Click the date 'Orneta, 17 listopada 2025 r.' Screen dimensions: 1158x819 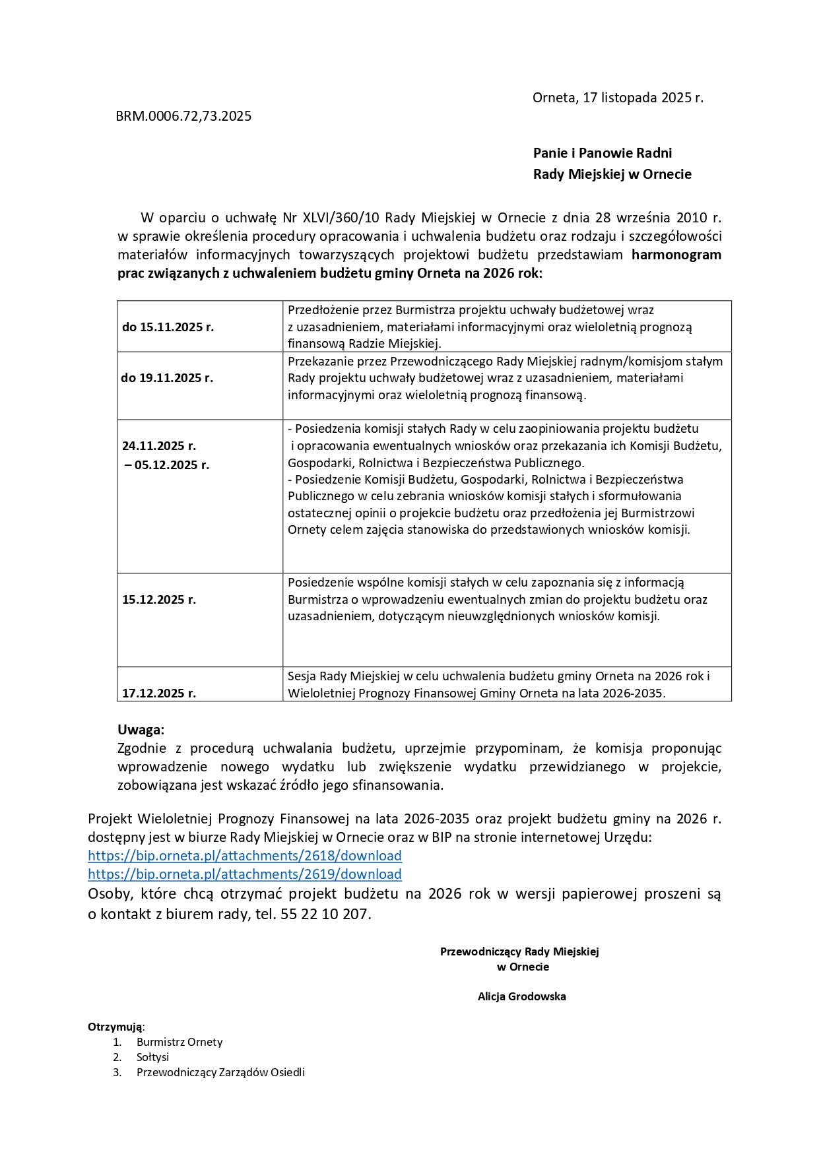pos(618,98)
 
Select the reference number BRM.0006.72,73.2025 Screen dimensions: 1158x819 pos(183,116)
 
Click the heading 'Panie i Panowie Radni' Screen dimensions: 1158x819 pos(602,153)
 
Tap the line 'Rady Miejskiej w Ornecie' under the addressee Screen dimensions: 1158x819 pos(612,174)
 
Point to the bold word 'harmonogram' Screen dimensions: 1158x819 pos(676,255)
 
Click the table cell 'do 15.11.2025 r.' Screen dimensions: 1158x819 pos(168,327)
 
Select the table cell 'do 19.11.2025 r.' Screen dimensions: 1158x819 pos(167,378)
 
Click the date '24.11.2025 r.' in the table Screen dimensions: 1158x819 pos(159,446)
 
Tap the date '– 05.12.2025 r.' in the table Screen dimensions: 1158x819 pos(167,465)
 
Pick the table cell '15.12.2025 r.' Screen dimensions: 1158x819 pos(159,600)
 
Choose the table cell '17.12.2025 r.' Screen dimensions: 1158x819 pos(159,693)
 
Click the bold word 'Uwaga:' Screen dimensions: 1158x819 pos(141,730)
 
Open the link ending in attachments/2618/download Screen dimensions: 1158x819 pos(245,856)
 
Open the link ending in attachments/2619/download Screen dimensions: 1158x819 pos(245,874)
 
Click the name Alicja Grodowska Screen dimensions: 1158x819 pos(521,996)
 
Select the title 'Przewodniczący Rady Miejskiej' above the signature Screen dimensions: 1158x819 pos(519,951)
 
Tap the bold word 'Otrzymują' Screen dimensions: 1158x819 pos(115,1027)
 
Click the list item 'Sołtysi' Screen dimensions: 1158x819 pos(152,1057)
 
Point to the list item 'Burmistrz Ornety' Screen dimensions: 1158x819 pos(180,1042)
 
